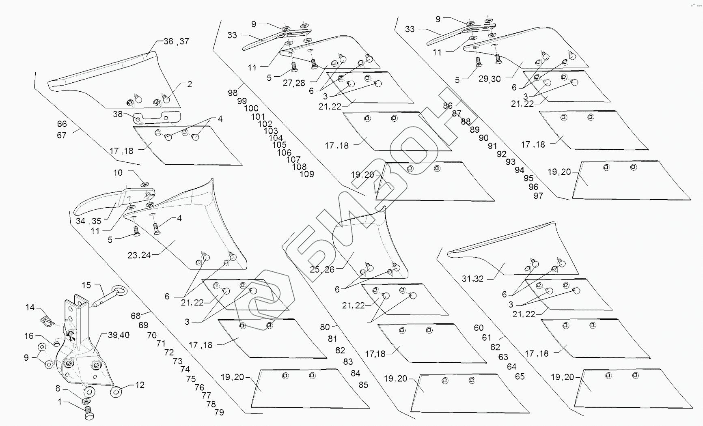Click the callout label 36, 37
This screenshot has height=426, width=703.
(176, 41)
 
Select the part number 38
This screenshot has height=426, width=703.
(117, 114)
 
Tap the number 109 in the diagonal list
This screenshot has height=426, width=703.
(307, 174)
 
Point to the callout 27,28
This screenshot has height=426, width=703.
(294, 83)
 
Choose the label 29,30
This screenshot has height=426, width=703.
(490, 79)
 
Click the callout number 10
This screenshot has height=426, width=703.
(118, 173)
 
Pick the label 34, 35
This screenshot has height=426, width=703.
(88, 221)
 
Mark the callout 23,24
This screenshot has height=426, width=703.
(139, 255)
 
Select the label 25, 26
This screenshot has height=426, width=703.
(322, 269)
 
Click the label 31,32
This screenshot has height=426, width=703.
(473, 279)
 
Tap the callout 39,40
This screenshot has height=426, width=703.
(119, 335)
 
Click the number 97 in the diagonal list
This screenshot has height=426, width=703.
(538, 196)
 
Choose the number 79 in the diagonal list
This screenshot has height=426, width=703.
(219, 412)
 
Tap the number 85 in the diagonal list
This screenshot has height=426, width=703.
(363, 384)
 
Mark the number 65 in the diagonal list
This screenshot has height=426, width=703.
(520, 377)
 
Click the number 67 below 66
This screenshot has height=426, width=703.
(62, 135)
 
